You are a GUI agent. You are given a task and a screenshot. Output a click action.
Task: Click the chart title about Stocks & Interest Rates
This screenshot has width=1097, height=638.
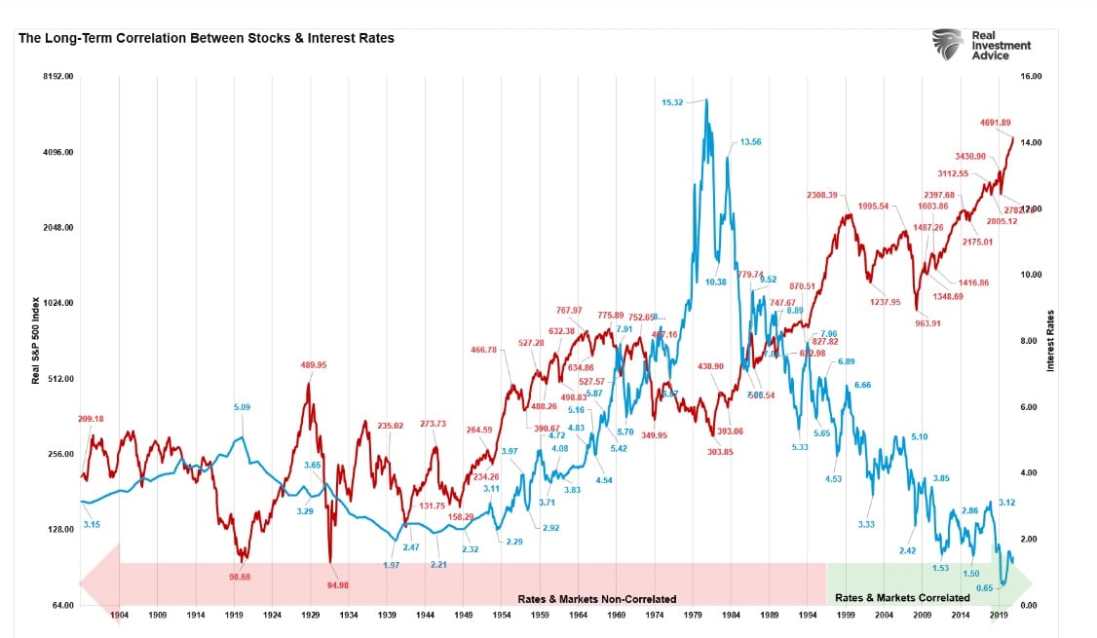click(x=206, y=39)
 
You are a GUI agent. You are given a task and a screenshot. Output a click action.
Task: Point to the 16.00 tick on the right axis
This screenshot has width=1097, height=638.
click(x=1058, y=76)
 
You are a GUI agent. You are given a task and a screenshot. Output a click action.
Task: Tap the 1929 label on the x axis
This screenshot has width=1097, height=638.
click(x=311, y=616)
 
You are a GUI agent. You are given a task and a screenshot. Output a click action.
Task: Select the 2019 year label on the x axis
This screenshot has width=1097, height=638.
click(x=999, y=616)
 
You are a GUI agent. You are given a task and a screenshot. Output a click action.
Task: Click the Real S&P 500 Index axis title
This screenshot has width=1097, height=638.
click(x=36, y=341)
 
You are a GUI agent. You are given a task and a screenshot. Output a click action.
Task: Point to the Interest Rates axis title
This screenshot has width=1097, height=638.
click(x=1051, y=341)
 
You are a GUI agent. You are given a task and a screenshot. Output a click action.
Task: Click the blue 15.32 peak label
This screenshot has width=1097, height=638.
click(x=673, y=102)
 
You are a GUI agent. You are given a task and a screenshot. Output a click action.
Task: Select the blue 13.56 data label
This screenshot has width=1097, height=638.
click(x=750, y=142)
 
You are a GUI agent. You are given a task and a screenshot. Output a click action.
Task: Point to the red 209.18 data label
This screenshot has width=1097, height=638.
click(x=91, y=420)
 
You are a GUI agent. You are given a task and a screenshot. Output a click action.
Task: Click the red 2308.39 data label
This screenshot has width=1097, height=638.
click(x=821, y=195)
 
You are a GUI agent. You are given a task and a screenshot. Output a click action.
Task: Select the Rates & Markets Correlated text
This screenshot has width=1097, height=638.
click(x=903, y=597)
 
